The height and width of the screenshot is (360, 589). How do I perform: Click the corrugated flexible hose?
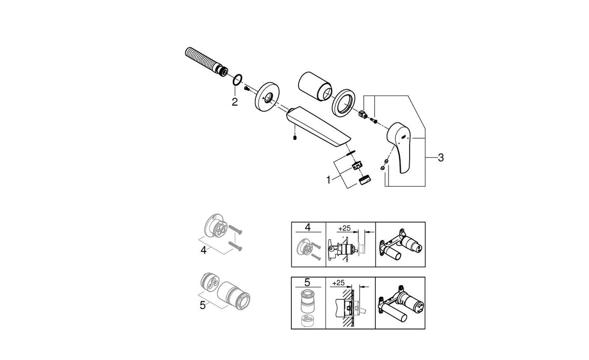[x=203, y=61]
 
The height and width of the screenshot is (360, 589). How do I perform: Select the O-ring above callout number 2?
[x=237, y=80]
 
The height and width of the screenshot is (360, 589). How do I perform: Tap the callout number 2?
[x=234, y=102]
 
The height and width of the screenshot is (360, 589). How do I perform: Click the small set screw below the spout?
[x=295, y=137]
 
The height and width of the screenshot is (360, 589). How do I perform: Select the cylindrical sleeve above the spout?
[x=314, y=85]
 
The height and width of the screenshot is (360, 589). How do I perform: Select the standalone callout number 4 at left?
[x=204, y=251]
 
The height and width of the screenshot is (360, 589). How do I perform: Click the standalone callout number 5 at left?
[x=203, y=304]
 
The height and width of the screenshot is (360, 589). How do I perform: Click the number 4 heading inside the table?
[x=308, y=226]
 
